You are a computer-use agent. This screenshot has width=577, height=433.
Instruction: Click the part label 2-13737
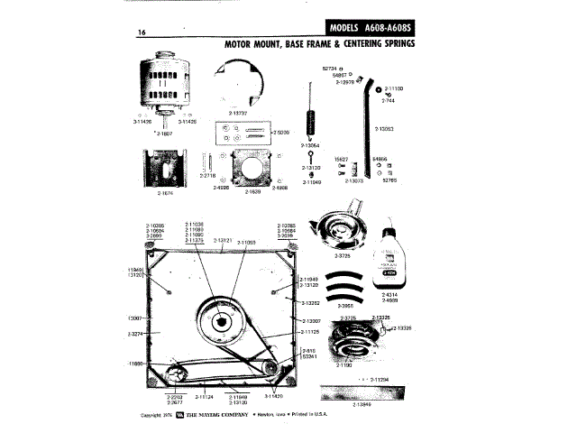(237, 114)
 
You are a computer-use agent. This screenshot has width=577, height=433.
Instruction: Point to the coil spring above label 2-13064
(313, 117)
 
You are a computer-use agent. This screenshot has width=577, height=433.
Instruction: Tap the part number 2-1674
(166, 193)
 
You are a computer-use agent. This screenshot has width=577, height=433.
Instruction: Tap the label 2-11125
(309, 332)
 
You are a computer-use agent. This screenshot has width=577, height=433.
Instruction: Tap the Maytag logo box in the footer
(179, 416)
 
